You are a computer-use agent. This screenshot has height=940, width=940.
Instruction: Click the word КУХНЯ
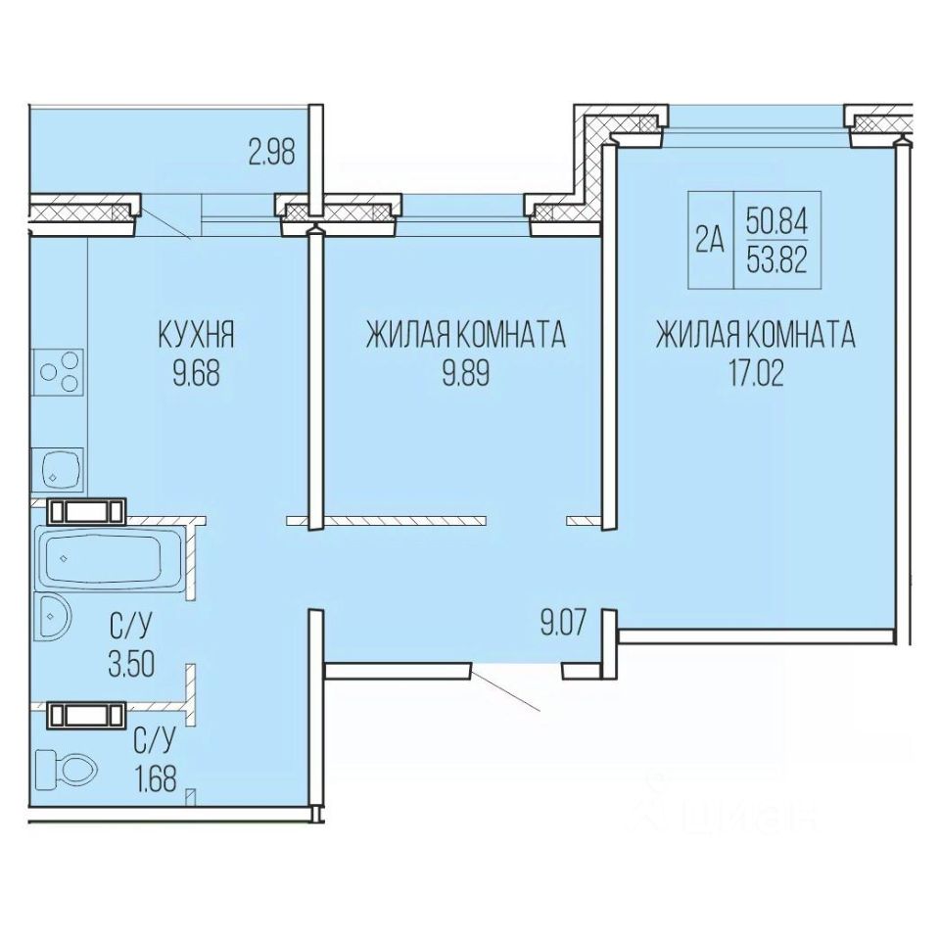click(x=196, y=335)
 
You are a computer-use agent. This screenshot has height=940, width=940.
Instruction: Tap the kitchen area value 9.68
click(x=197, y=373)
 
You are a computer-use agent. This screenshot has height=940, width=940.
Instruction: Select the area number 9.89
click(x=466, y=373)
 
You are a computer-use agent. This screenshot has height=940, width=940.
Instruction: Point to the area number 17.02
click(x=756, y=373)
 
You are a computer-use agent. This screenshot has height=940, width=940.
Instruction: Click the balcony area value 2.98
click(x=272, y=153)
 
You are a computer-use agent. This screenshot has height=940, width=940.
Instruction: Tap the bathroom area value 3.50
click(x=132, y=664)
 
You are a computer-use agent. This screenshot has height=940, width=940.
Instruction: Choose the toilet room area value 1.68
click(x=156, y=780)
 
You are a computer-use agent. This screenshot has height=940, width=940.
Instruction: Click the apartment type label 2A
click(x=711, y=241)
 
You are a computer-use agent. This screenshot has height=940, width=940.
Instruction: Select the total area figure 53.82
click(x=776, y=260)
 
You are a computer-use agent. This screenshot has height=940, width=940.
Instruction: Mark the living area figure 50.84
click(x=776, y=222)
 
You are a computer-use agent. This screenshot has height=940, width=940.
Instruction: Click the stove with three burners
click(x=59, y=372)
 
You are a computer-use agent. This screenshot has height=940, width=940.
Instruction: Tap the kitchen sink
click(x=59, y=471)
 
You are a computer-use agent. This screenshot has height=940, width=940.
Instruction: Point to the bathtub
click(x=111, y=560)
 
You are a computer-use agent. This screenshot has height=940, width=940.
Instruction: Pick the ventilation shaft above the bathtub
click(x=87, y=511)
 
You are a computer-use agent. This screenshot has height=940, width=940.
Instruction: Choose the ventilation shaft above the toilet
click(x=87, y=715)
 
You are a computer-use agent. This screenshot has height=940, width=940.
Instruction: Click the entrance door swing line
click(x=505, y=690)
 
